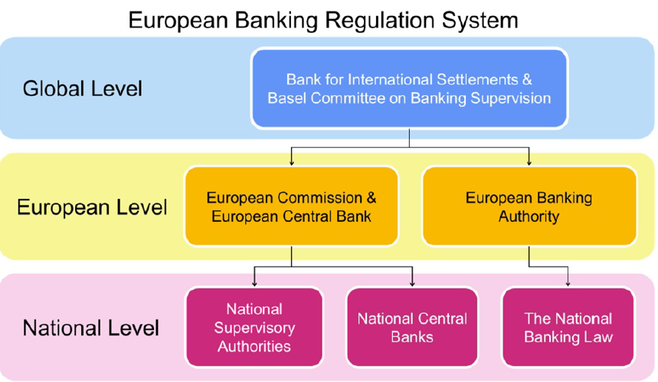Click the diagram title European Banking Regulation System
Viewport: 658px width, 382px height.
click(322, 19)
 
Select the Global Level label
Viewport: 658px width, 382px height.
click(83, 88)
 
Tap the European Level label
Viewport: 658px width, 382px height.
click(92, 207)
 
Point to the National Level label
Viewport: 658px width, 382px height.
click(91, 328)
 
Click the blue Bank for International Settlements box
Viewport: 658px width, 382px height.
click(409, 88)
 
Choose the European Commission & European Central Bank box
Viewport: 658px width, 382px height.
click(291, 207)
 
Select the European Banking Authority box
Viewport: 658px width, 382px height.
click(529, 207)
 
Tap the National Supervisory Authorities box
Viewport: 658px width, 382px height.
click(254, 328)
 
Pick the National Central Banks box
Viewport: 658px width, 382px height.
click(412, 328)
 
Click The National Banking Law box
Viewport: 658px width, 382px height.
click(568, 328)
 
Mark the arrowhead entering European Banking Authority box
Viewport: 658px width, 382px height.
click(529, 162)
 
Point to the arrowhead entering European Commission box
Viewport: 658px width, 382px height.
click(291, 162)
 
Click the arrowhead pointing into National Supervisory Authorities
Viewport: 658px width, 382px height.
click(254, 284)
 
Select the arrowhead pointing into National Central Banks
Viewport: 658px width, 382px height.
click(412, 284)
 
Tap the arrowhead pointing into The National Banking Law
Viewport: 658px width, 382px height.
click(568, 284)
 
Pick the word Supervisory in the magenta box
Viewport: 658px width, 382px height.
click(254, 328)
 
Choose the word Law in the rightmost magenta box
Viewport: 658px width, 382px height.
click(597, 337)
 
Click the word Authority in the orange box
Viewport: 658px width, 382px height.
click(529, 216)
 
